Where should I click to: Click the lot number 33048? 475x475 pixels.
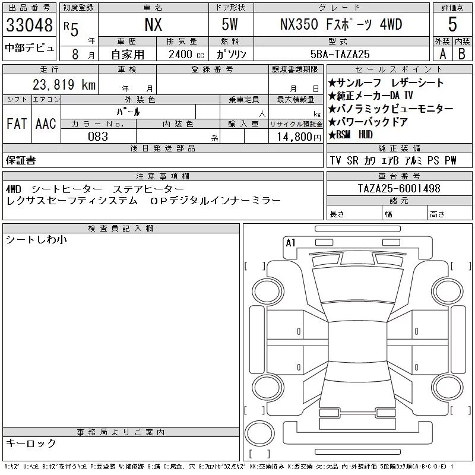[29, 25]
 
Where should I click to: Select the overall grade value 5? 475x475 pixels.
[452, 24]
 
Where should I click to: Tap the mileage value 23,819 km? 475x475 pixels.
[64, 85]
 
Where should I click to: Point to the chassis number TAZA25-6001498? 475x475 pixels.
[399, 188]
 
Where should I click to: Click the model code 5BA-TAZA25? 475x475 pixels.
[340, 54]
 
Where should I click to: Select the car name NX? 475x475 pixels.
[153, 24]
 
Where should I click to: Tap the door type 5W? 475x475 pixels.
[230, 24]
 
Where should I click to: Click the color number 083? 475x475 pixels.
[98, 137]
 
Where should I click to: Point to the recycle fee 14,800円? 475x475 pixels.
[299, 137]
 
